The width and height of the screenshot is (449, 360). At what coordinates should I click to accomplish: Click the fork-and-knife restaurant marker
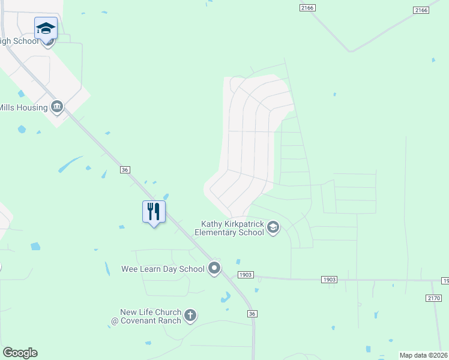[154, 211]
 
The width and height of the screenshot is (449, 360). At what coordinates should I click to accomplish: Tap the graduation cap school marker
[46, 28]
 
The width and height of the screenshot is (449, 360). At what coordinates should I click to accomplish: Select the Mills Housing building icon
[57, 107]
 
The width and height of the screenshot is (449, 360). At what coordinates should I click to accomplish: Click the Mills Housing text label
[23, 108]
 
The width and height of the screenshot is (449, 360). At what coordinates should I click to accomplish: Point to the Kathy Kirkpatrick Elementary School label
[232, 228]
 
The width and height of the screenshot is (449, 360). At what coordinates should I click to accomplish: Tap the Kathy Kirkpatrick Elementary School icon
[273, 227]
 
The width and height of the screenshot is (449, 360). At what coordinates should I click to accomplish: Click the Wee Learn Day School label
[163, 269]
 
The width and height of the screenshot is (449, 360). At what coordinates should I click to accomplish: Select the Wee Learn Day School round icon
[214, 269]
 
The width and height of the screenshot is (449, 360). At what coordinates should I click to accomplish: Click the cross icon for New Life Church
[190, 316]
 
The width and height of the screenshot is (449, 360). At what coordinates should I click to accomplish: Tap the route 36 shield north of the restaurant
[125, 170]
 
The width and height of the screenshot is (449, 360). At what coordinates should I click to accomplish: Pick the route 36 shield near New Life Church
[253, 314]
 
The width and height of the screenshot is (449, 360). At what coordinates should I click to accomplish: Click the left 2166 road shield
[307, 7]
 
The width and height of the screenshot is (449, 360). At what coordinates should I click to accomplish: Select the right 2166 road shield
[421, 10]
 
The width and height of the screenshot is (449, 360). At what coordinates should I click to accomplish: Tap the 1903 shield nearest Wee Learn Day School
[246, 275]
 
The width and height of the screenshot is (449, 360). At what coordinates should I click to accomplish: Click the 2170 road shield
[433, 298]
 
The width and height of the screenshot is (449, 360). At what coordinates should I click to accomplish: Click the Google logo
[20, 353]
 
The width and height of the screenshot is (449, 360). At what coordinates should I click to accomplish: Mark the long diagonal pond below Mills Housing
[70, 164]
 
